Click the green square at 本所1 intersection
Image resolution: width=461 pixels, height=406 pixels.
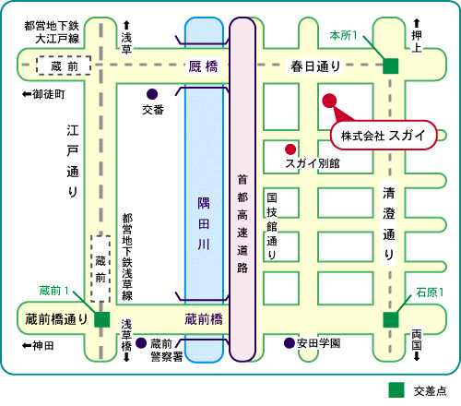click(391, 66)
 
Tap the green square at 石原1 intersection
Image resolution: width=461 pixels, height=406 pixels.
click(391, 320)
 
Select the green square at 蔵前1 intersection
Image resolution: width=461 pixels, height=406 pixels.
click(102, 320)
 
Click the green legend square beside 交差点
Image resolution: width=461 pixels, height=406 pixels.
click(396, 390)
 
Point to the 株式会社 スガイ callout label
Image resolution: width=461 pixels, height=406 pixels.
click(384, 136)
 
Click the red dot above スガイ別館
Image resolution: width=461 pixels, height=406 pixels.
click(290, 149)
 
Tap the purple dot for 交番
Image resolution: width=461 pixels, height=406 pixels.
click(152, 94)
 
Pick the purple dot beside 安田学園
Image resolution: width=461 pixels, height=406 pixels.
click(290, 343)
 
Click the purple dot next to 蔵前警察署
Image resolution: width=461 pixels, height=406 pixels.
click(141, 343)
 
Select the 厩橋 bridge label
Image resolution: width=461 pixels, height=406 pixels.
click(203, 66)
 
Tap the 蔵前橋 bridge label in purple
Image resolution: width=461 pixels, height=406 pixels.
click(204, 319)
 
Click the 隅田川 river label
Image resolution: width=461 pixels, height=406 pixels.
click(204, 223)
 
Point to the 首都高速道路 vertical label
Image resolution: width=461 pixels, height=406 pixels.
click(242, 223)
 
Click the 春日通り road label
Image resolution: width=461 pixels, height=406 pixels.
click(316, 66)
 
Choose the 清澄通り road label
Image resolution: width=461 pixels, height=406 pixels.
click(389, 223)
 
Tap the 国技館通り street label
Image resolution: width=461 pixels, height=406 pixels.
click(272, 226)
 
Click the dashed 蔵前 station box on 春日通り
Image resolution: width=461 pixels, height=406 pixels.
click(64, 66)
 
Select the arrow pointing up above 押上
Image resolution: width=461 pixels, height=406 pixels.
click(417, 23)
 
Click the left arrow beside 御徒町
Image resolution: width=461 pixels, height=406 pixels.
click(27, 94)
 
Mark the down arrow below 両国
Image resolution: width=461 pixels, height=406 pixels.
click(417, 356)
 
